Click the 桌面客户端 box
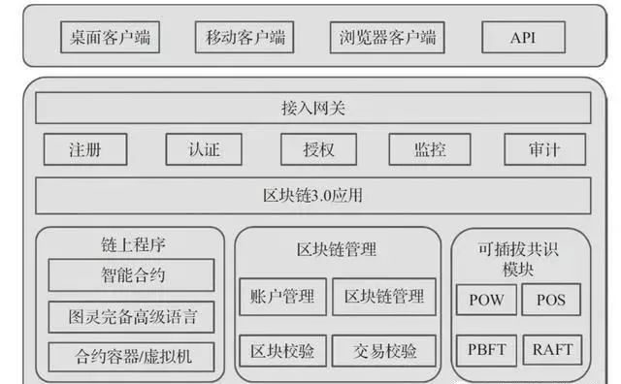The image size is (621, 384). click(110, 37)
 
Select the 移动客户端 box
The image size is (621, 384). click(245, 37)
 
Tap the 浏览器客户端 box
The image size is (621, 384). click(387, 38)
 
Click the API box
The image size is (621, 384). click(524, 38)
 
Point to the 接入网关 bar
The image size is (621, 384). click(313, 108)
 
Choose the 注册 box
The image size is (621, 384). click(85, 149)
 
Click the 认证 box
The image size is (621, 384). click(204, 149)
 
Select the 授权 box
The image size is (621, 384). click(319, 149)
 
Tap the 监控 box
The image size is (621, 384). click(430, 149)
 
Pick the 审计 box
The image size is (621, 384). click(545, 149)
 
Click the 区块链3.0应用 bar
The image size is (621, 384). click(313, 196)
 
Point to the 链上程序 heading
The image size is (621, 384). click(133, 244)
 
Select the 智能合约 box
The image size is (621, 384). click(132, 275)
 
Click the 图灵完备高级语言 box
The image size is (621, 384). click(132, 317)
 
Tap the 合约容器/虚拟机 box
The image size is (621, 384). click(132, 357)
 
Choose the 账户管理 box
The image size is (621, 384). click(283, 297)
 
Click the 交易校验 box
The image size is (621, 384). click(384, 351)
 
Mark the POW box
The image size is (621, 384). click(486, 300)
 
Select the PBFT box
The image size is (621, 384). click(486, 350)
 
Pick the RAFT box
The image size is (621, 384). click(552, 350)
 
